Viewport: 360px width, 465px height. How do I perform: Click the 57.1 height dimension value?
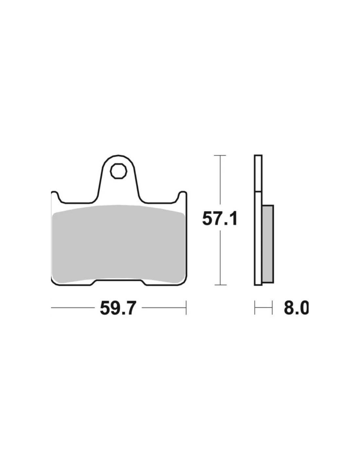click(220, 218)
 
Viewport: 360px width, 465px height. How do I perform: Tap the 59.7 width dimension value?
click(118, 308)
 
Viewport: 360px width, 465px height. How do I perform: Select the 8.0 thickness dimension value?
click(296, 308)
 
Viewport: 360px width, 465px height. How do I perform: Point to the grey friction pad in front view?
click(118, 244)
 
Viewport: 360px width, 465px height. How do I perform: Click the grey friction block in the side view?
click(268, 244)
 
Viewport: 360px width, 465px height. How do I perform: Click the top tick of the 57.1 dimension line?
click(220, 155)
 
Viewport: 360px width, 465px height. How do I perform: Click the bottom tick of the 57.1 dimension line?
click(220, 285)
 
